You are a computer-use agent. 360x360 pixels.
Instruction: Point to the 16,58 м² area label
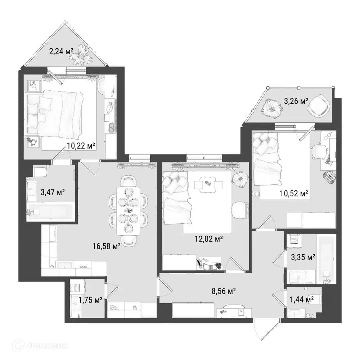[106, 246]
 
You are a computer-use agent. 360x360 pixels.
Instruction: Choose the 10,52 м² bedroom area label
[293, 193]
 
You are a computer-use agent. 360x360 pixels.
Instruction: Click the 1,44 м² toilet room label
[302, 300]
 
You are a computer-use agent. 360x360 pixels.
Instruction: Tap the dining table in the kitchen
[128, 210]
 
